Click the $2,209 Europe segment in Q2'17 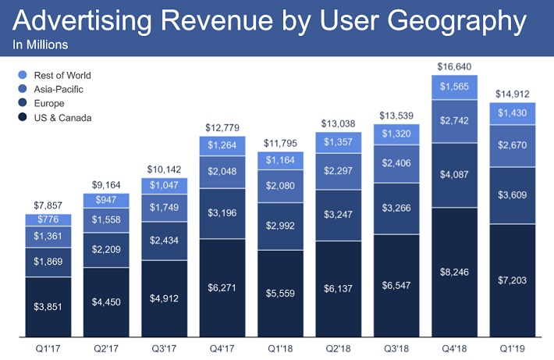(106, 251)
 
